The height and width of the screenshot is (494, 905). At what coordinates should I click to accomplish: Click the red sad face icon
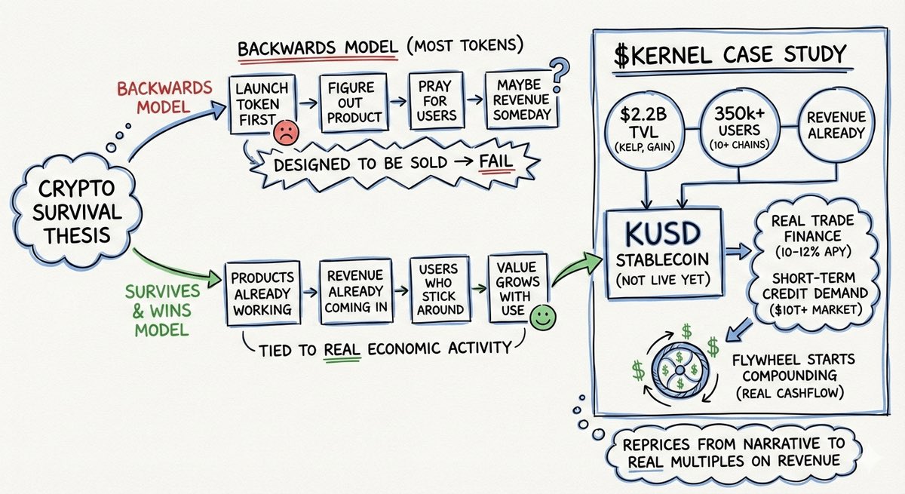287,133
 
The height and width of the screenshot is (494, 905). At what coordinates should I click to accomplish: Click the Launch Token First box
262,104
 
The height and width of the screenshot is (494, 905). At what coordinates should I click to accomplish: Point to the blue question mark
559,75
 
